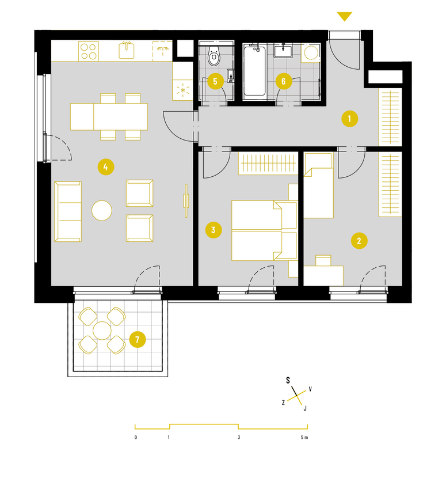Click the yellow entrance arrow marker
tap(345, 16)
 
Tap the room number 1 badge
tap(349, 119)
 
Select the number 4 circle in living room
tap(106, 167)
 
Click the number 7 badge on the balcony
tap(138, 339)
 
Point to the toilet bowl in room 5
tap(214, 56)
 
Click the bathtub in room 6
tap(254, 71)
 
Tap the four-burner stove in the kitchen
tap(89, 51)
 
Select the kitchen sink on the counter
tap(127, 50)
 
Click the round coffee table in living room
tap(102, 210)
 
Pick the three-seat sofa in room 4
tap(68, 211)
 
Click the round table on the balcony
tap(102, 331)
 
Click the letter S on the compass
tap(288, 380)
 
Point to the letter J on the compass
tap(305, 408)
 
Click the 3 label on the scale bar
tap(239, 437)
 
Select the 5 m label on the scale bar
tap(304, 437)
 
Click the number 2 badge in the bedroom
tap(359, 241)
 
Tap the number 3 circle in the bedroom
tap(214, 230)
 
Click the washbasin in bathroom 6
tap(283, 51)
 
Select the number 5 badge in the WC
tap(215, 81)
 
